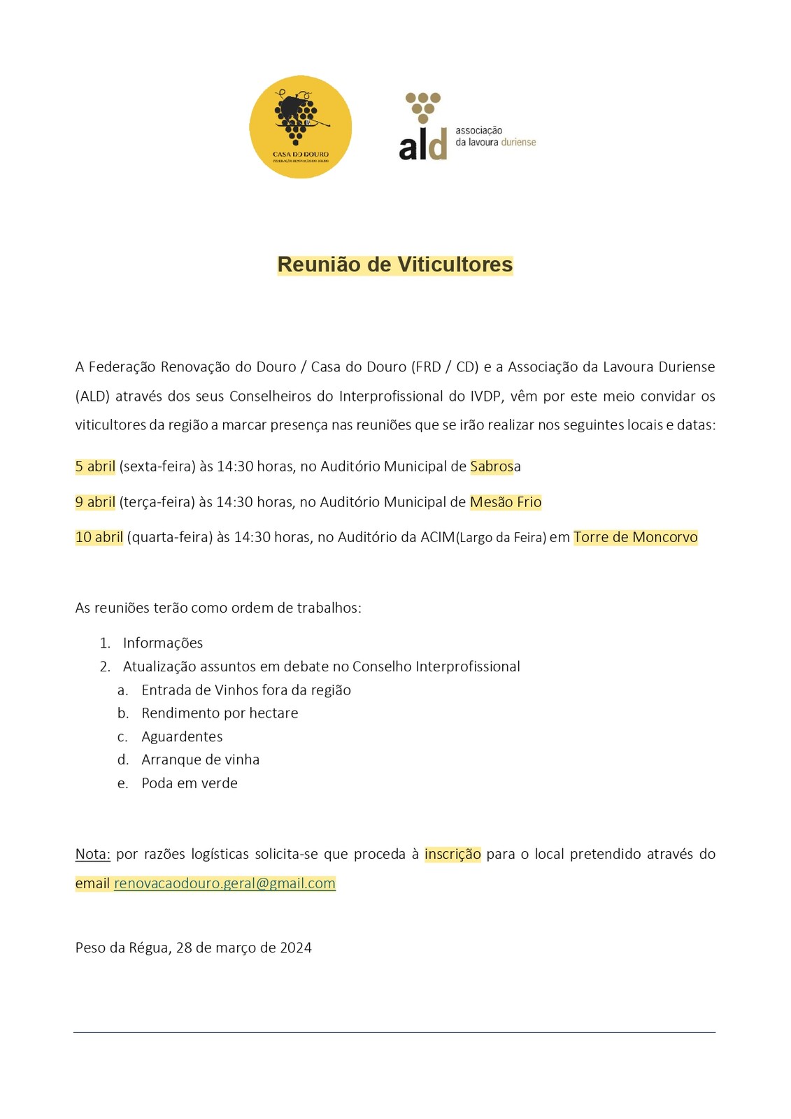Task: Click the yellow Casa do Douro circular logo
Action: (301, 127)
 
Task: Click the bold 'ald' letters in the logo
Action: (422, 145)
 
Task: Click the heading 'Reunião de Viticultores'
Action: (395, 264)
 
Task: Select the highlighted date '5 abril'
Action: (95, 466)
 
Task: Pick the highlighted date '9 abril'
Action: (95, 502)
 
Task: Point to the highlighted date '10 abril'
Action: (99, 537)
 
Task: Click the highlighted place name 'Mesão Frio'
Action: (506, 502)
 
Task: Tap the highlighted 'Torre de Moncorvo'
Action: (635, 537)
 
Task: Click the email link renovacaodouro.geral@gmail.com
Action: (225, 883)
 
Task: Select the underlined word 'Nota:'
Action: (93, 854)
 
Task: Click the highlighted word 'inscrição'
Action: (452, 854)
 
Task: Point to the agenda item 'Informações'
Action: (163, 643)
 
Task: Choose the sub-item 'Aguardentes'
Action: (182, 736)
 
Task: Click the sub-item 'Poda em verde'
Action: (190, 783)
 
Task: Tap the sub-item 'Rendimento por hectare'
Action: (220, 713)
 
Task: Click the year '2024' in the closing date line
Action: (296, 948)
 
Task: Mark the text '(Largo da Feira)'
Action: (501, 538)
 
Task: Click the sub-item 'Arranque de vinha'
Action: (200, 760)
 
